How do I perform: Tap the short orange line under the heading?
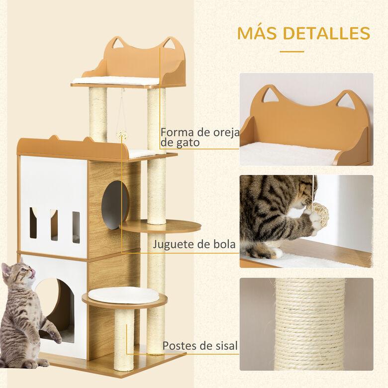(x=291, y=51)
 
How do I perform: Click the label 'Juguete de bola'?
(x=194, y=244)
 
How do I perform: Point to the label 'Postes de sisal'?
(x=200, y=346)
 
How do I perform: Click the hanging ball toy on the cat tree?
(x=121, y=135)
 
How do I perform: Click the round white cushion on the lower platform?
(x=123, y=294)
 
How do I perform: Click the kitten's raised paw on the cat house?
(x=55, y=337)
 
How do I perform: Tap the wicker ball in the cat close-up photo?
(x=317, y=213)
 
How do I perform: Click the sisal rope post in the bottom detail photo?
(x=309, y=323)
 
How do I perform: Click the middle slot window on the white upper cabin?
(x=54, y=225)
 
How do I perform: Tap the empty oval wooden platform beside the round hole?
(x=160, y=226)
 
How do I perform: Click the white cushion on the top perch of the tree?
(x=115, y=81)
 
